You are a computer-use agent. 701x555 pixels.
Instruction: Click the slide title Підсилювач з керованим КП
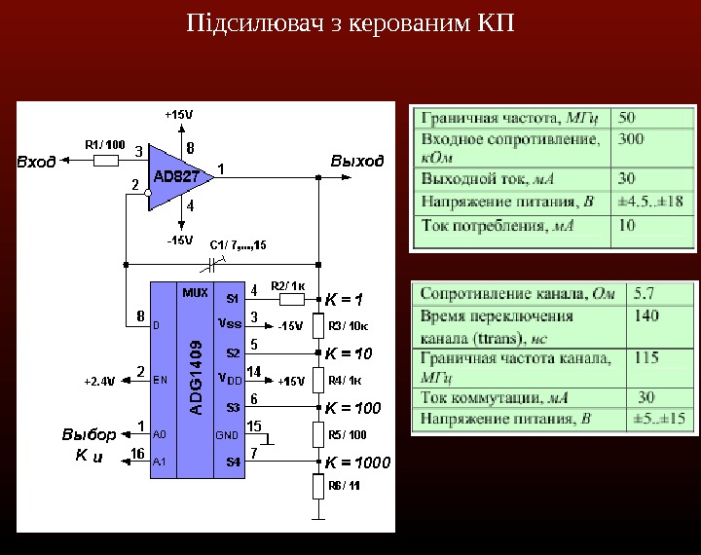[350, 21]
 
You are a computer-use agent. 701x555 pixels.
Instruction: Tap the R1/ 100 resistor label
[105, 144]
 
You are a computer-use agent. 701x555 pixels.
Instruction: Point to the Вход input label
[37, 162]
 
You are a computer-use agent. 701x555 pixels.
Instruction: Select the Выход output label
[357, 160]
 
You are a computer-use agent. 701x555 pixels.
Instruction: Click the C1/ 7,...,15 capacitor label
[239, 243]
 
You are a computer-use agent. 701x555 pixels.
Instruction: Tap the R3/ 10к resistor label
[348, 326]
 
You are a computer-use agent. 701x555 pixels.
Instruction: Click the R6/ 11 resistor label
[345, 485]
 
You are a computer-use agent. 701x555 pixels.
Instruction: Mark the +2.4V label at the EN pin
[98, 381]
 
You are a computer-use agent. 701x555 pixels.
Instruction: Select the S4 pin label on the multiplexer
[234, 462]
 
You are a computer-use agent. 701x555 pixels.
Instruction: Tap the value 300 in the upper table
[631, 139]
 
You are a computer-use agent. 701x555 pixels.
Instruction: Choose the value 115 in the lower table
[646, 357]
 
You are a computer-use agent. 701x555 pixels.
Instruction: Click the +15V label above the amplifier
[178, 114]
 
